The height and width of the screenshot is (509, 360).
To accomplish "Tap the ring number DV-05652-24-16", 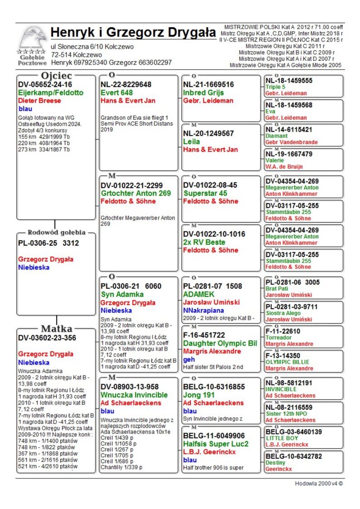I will tap(45, 84).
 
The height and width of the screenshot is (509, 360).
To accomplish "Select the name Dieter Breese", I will tap(40, 101).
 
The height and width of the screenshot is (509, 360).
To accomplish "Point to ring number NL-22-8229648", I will tap(126, 84).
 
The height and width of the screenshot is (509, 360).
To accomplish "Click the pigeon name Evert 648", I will tap(116, 93).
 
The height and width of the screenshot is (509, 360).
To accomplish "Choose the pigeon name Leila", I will tap(192, 142).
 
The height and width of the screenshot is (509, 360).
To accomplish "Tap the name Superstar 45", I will tap(205, 193).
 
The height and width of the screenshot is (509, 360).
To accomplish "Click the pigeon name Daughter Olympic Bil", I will tap(220, 343).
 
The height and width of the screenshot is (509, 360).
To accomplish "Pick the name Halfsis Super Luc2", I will tap(216, 444).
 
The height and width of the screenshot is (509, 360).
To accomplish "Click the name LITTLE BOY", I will tap(282, 438).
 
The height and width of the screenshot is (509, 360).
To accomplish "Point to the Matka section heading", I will tap(57, 328).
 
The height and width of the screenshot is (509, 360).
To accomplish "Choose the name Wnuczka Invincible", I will tap(134, 395).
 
